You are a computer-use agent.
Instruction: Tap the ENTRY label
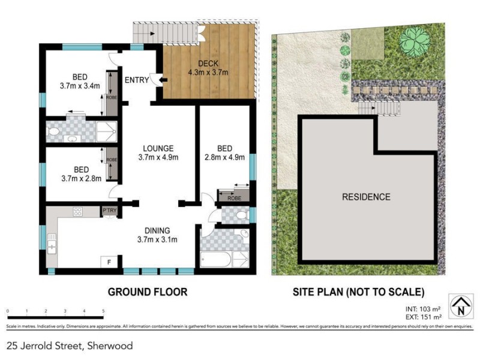tap(136, 80)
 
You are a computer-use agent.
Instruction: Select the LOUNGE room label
tap(158, 148)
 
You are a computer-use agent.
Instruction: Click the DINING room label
tap(157, 230)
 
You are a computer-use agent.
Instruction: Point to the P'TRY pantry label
tap(109, 211)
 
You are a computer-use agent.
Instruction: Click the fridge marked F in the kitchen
tap(109, 262)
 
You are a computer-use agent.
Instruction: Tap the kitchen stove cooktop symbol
tap(77, 212)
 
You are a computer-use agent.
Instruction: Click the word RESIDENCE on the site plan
tap(366, 197)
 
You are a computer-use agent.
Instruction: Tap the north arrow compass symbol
tap(460, 307)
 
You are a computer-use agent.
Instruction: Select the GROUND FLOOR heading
tap(147, 292)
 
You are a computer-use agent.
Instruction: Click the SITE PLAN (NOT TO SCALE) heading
tap(358, 292)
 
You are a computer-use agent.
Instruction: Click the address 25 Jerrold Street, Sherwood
tap(70, 346)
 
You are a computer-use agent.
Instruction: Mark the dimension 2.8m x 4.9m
tap(224, 157)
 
